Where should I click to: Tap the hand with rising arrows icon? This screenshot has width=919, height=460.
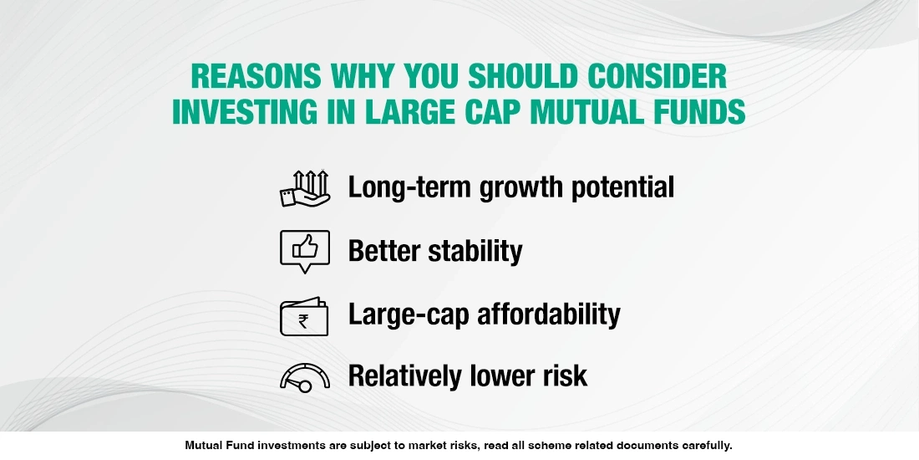pos(305,188)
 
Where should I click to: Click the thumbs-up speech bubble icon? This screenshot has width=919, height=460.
pos(305,251)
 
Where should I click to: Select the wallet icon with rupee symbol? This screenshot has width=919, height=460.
pos(305,315)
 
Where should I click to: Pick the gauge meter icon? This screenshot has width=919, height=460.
pos(305,377)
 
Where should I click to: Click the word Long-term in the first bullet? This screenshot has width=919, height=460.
pos(410,187)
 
